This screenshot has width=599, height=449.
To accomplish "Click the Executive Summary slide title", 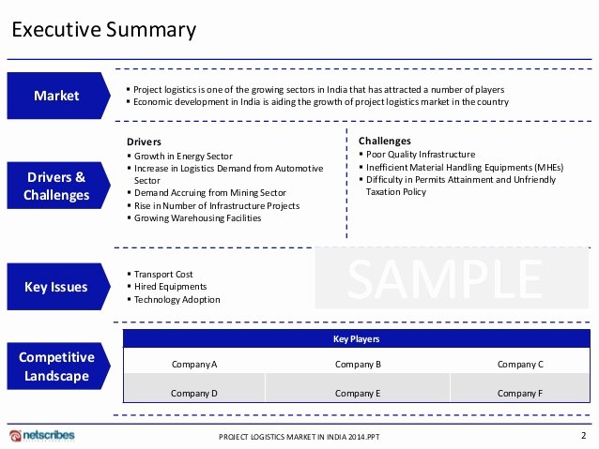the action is pyautogui.click(x=104, y=30).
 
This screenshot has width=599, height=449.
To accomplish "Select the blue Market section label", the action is pyautogui.click(x=58, y=96).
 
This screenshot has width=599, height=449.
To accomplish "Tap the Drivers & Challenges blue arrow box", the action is pyautogui.click(x=58, y=186).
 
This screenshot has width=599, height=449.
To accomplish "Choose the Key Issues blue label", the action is pyautogui.click(x=58, y=287).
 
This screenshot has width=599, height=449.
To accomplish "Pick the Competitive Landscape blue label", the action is pyautogui.click(x=58, y=367).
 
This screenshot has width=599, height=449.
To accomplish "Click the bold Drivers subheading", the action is pyautogui.click(x=144, y=142).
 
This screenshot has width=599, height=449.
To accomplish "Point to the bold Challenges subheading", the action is pyautogui.click(x=385, y=142).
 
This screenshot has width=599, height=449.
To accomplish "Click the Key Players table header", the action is pyautogui.click(x=357, y=338).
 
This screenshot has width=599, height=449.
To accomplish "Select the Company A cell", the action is pyautogui.click(x=194, y=365).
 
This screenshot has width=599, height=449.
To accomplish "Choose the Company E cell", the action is pyautogui.click(x=358, y=394).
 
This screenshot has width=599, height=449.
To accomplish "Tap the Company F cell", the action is pyautogui.click(x=520, y=394).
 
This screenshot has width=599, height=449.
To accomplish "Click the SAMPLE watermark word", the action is pyautogui.click(x=445, y=278).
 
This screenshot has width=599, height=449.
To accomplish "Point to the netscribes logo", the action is pyautogui.click(x=42, y=435).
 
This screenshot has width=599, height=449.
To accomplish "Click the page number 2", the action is pyautogui.click(x=583, y=435).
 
